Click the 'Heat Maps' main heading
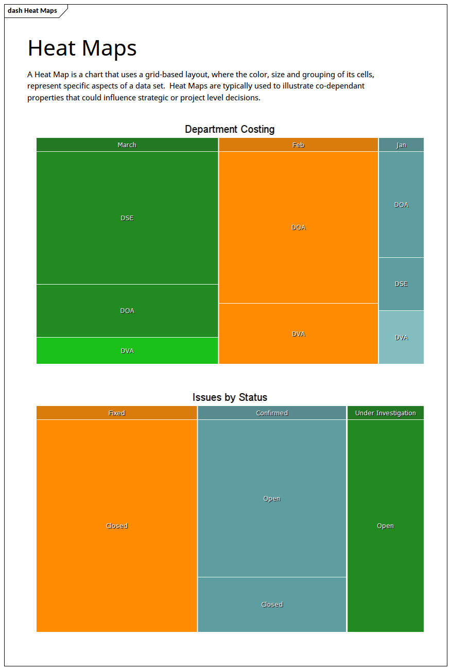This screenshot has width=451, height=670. coord(82,48)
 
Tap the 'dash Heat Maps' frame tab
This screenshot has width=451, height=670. coord(32,11)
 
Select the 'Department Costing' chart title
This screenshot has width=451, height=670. coord(230,129)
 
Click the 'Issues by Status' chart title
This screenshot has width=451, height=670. coord(230,397)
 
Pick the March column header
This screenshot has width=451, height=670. coord(127,145)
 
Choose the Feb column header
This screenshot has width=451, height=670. coord(298,145)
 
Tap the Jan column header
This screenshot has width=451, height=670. coord(401,145)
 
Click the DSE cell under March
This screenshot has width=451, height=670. coord(127,218)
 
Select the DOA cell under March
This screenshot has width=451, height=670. coord(127,311)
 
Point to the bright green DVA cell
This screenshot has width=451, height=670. coord(127,351)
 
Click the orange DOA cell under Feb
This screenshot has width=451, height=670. coord(298,227)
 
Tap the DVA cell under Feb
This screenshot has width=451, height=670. coord(298,334)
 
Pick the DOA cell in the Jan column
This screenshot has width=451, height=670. coord(401,205)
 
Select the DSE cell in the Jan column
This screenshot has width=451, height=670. coord(401,284)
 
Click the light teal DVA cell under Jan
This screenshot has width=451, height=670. coord(401,338)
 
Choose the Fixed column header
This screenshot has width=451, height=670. coord(117,413)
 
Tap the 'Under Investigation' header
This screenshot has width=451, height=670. coord(385,413)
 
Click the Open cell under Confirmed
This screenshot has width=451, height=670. coord(272,498)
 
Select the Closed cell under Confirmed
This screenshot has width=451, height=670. coord(272,605)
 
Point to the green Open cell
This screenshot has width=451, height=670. coord(385,526)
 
